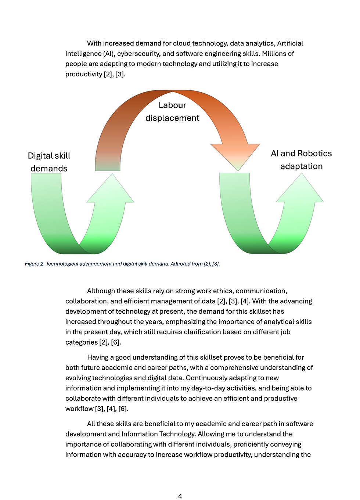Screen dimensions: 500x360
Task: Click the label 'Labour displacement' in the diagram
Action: tap(172, 112)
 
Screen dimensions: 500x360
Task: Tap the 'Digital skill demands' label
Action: tap(49, 162)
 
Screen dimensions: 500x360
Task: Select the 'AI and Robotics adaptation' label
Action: tap(301, 160)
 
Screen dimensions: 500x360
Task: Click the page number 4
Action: tap(180, 496)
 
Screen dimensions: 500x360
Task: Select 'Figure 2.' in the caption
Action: tap(34, 264)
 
